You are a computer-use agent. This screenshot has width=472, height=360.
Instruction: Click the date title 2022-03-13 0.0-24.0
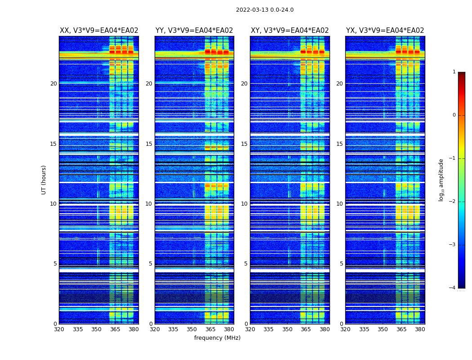click(264, 10)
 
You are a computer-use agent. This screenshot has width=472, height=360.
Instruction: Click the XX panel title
click(99, 31)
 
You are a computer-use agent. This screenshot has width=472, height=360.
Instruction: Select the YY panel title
click(194, 31)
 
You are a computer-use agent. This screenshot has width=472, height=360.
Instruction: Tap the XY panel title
click(289, 31)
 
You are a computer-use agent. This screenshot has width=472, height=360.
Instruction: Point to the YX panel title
click(385, 31)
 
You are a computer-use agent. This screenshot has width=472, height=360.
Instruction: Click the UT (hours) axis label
click(44, 180)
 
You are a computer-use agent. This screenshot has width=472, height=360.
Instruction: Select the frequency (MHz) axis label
click(217, 338)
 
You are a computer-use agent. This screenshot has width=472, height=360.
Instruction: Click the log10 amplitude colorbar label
click(441, 180)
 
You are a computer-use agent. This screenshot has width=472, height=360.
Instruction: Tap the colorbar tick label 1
click(454, 72)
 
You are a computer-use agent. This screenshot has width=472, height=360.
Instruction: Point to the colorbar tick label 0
click(454, 115)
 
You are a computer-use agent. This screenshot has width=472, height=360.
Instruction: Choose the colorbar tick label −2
click(453, 202)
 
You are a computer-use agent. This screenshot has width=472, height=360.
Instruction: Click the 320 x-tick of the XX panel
click(59, 329)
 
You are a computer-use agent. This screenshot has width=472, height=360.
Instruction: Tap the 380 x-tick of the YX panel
click(420, 329)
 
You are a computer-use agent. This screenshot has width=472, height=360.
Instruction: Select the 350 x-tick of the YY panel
click(192, 329)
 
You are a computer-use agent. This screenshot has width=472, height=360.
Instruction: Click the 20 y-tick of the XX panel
click(53, 84)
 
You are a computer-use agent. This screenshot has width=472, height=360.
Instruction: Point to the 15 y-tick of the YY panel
click(149, 144)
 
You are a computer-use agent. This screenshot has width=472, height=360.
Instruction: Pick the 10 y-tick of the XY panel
click(244, 204)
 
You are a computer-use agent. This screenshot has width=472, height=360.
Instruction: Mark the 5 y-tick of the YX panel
click(341, 264)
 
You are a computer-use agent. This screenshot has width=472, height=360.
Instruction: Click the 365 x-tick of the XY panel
click(306, 329)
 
